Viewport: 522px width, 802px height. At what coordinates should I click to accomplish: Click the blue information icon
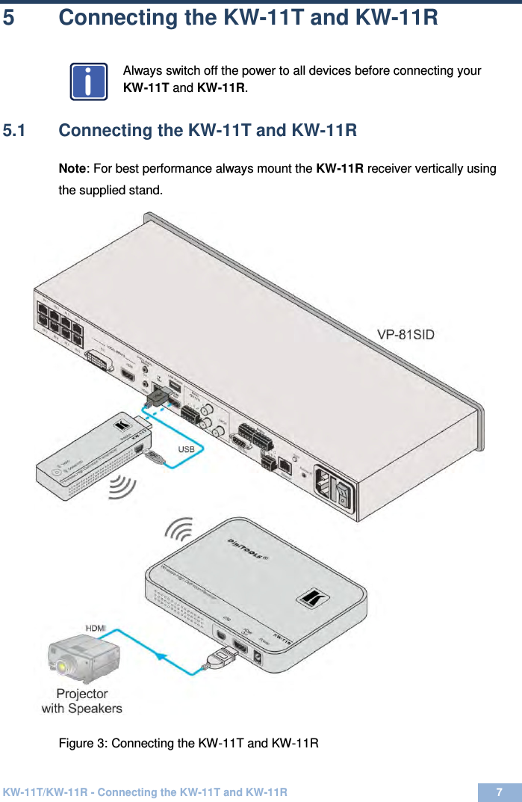(89, 82)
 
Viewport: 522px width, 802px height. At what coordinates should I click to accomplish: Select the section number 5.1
(16, 131)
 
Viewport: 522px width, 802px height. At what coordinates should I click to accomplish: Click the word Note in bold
(72, 168)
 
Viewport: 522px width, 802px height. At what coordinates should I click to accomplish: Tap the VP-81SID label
(406, 335)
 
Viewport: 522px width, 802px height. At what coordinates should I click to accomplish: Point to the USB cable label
(186, 449)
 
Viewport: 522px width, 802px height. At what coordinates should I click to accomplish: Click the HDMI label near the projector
(95, 629)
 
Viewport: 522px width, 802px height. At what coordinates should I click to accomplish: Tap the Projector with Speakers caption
(81, 700)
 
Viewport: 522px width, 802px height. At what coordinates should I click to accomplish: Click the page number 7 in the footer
(499, 792)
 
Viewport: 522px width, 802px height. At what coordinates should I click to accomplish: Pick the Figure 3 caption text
(189, 743)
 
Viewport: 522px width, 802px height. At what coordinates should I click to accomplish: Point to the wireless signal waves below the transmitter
(123, 487)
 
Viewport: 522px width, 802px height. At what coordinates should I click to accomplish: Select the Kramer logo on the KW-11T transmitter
(120, 427)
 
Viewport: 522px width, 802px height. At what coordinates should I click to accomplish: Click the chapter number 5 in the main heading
(8, 17)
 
